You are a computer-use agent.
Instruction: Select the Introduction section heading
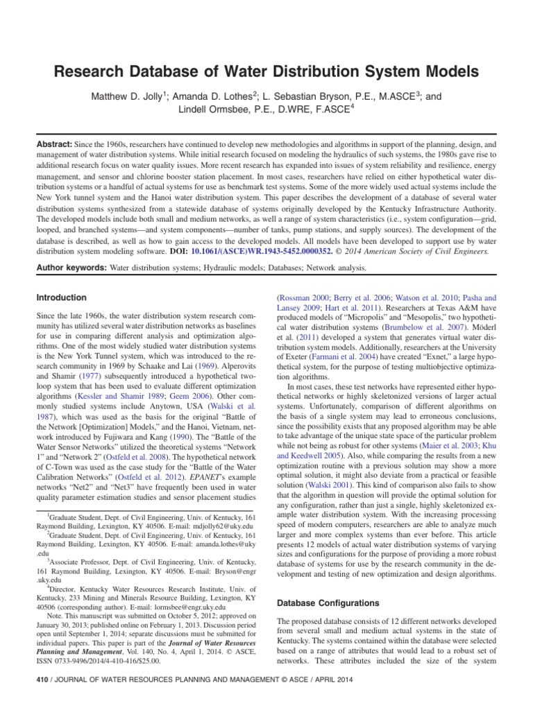click(61, 297)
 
